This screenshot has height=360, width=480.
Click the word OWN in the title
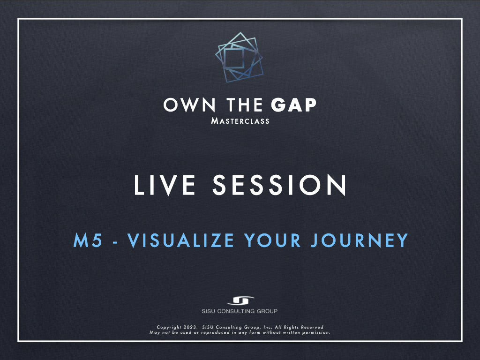190,105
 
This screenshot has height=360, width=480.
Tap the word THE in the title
244,105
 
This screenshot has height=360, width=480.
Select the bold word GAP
293,105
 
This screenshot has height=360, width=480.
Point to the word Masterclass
240,121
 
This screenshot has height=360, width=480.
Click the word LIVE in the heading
165,185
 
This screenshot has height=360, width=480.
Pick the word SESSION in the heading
279,185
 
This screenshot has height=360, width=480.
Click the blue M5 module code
88,240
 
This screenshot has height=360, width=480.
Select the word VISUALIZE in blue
181,240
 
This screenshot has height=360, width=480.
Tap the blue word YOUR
272,240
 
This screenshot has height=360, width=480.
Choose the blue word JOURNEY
360,240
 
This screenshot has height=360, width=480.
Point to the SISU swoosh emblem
240,300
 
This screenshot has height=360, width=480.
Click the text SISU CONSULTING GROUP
240,311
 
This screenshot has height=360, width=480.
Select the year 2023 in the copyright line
190,327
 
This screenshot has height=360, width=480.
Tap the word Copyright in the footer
169,327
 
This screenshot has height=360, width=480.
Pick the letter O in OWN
171,105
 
